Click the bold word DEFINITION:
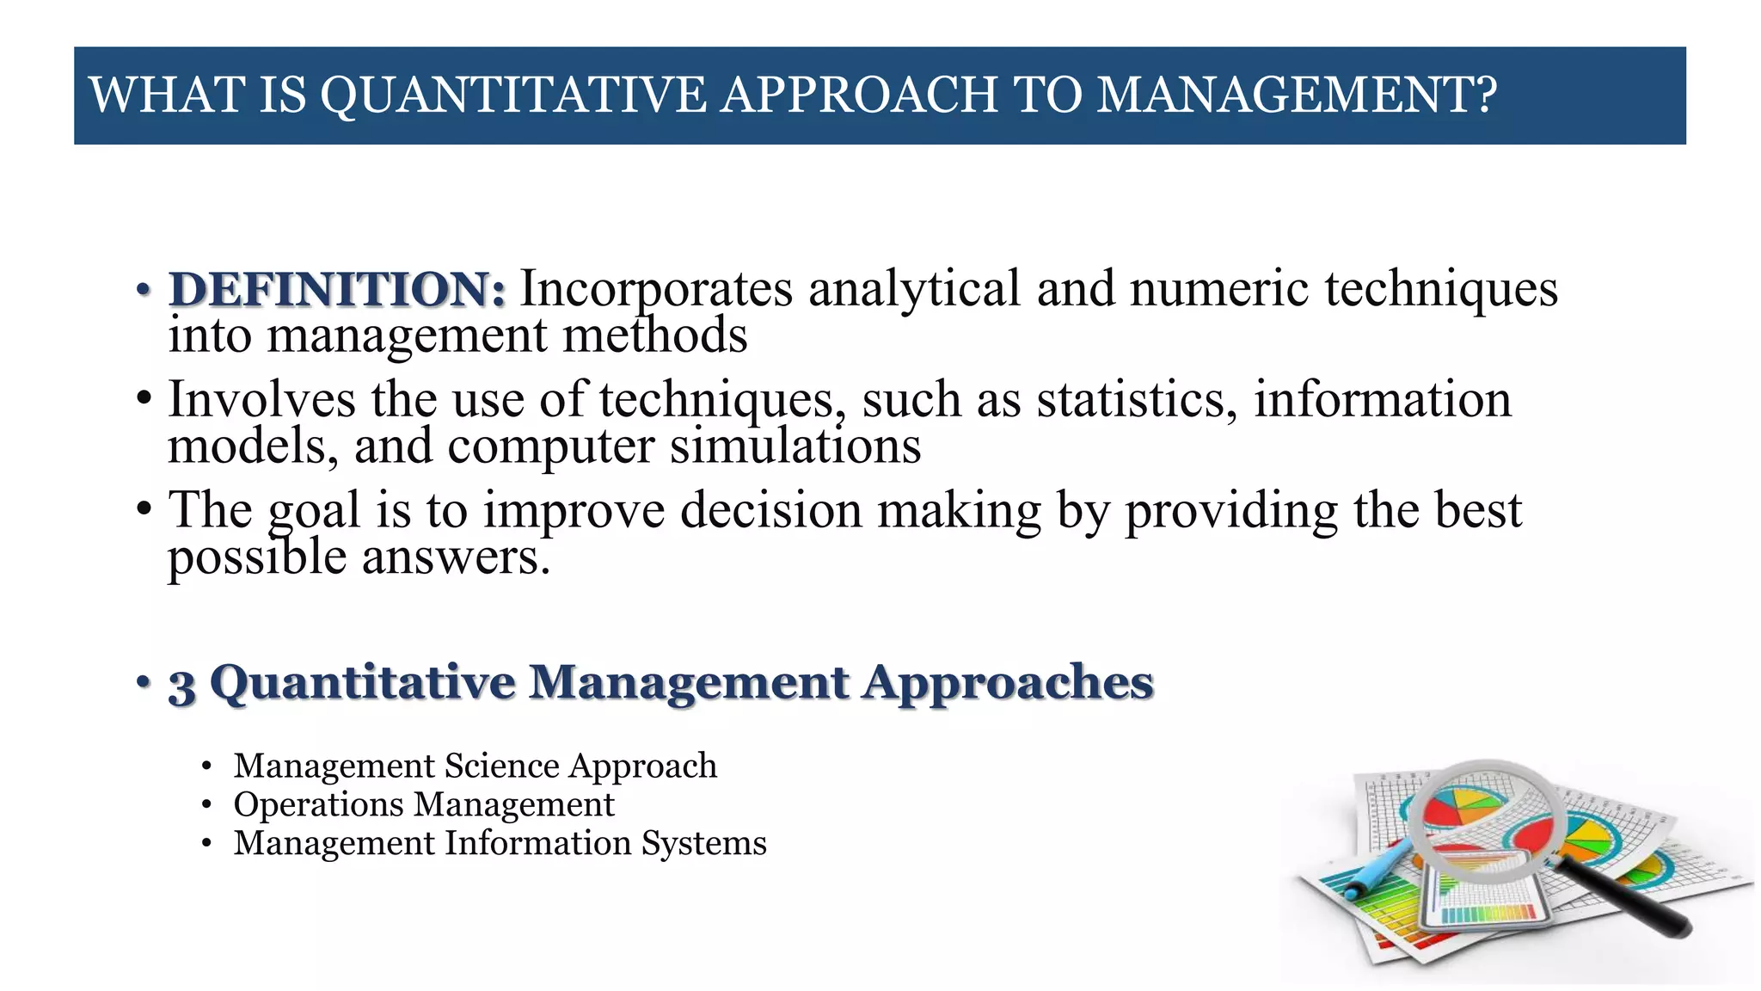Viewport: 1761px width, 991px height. (x=337, y=289)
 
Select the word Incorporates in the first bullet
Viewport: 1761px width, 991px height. (x=656, y=289)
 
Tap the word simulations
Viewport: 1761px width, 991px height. (x=795, y=446)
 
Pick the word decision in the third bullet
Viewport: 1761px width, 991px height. (x=770, y=510)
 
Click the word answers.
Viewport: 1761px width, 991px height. (x=455, y=557)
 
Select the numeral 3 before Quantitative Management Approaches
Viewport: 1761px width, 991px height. (x=181, y=686)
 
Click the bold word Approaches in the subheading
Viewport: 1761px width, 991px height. (x=1008, y=683)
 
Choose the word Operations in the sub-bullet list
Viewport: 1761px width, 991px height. (x=318, y=805)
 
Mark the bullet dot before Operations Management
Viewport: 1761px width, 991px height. (x=206, y=805)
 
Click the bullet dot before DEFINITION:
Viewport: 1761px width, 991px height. (x=144, y=290)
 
